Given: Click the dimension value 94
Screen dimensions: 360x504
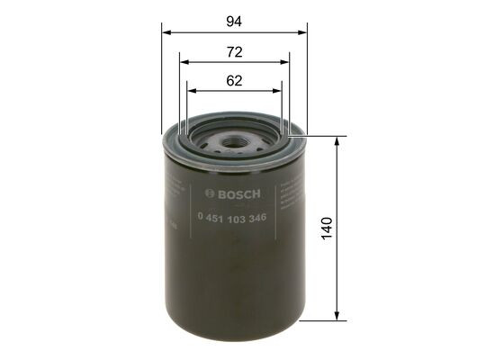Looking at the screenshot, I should click(235, 20).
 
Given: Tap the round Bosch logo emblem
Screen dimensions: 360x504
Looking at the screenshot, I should click(210, 193).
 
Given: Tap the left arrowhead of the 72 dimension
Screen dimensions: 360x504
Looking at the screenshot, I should click(184, 62).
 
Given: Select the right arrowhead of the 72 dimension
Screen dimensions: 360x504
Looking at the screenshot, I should click(285, 62).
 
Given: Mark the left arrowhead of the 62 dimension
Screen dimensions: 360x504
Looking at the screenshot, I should click(191, 91).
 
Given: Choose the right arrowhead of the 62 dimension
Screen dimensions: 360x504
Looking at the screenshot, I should click(278, 91).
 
